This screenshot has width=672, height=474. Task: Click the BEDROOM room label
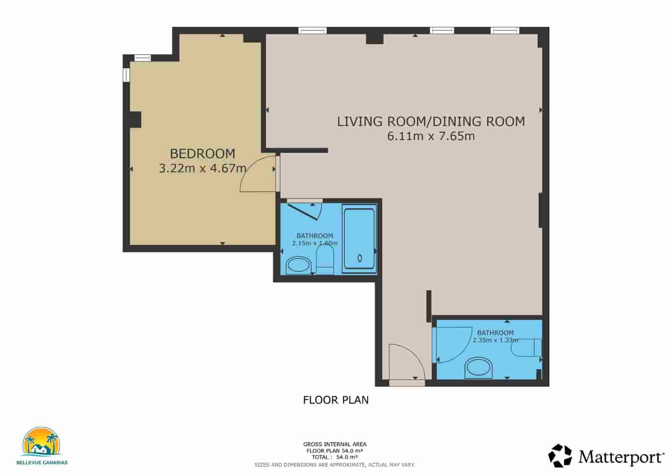(x=202, y=154)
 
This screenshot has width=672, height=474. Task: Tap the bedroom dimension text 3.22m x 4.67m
(x=202, y=168)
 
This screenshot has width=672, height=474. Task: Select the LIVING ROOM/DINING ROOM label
(x=431, y=122)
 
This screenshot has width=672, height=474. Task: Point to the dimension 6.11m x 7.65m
(x=431, y=136)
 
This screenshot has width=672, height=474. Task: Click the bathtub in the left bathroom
(x=360, y=239)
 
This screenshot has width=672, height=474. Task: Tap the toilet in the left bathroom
(x=325, y=260)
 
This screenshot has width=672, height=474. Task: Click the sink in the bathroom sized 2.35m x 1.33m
(x=478, y=367)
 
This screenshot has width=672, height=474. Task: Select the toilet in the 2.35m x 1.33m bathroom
(x=526, y=348)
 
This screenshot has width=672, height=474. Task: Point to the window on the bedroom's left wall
(x=126, y=75)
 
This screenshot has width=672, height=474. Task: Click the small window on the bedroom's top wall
(x=142, y=58)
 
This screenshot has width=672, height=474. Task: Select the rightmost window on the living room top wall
(x=505, y=30)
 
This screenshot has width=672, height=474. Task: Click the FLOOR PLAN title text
(x=336, y=400)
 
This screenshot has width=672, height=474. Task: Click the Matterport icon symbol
(x=560, y=456)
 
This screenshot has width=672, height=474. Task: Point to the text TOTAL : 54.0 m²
(x=335, y=457)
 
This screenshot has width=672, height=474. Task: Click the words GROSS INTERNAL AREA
(x=335, y=444)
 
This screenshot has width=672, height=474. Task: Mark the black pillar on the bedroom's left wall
(x=135, y=120)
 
